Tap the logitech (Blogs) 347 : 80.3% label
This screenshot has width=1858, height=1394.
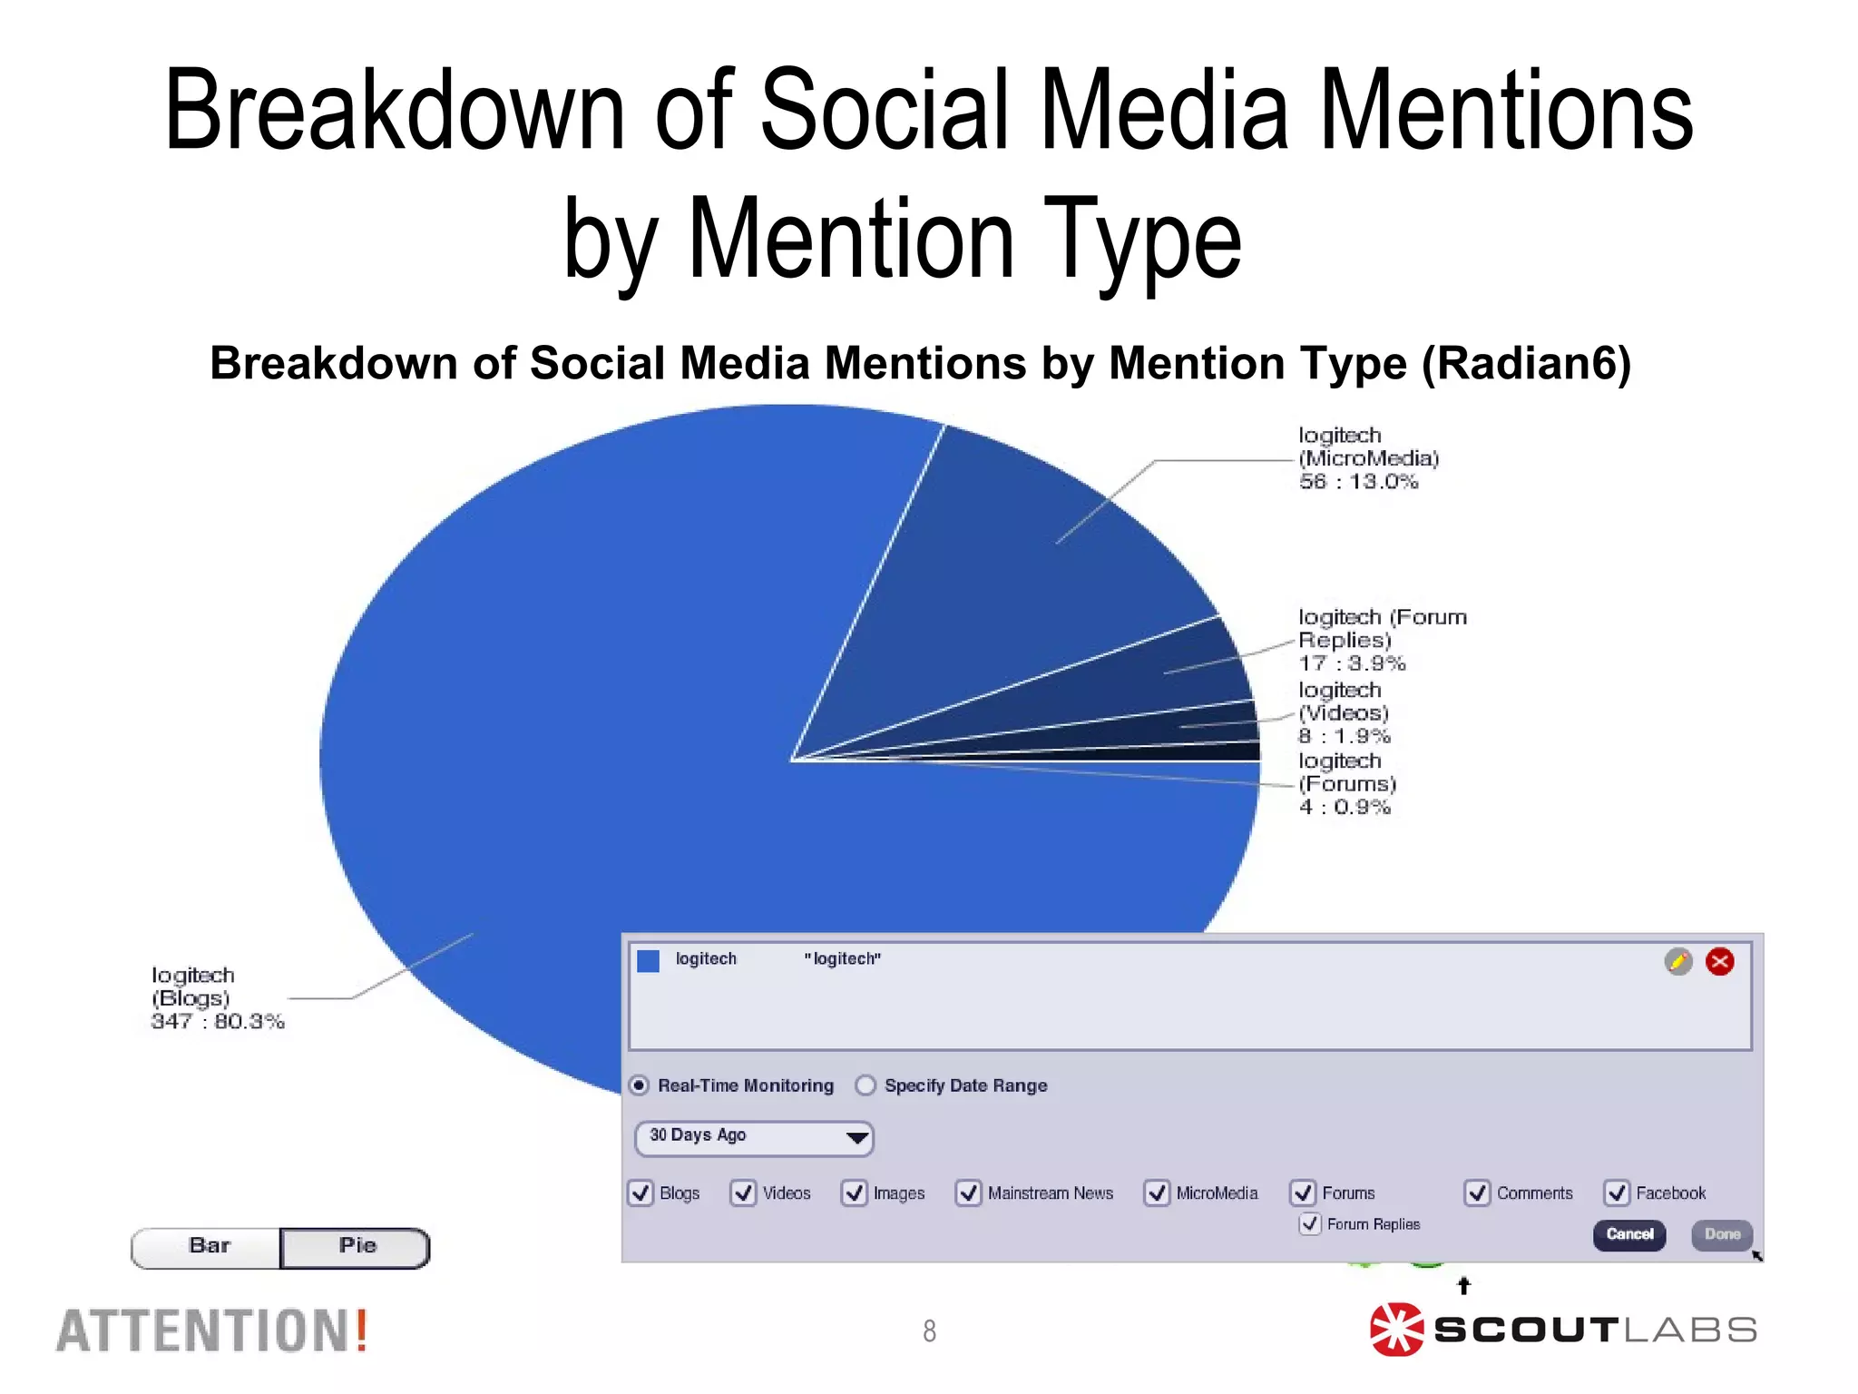click(217, 998)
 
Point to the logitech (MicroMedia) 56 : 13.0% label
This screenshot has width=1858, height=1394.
click(1368, 458)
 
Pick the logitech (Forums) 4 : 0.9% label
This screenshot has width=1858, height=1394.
click(1347, 784)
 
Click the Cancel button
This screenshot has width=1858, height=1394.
click(1629, 1234)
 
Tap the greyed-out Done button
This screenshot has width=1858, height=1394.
click(1722, 1234)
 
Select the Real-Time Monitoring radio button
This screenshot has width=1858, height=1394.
click(640, 1085)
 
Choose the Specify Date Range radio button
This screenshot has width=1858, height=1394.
click(866, 1085)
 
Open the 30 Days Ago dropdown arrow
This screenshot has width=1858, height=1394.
click(856, 1137)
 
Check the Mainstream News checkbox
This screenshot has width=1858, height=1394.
click(968, 1193)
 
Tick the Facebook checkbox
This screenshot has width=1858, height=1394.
click(1617, 1193)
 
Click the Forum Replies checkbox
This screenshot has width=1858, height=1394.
click(1310, 1223)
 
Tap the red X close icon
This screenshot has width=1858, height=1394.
click(1719, 961)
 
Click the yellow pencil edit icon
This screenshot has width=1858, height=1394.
click(1678, 961)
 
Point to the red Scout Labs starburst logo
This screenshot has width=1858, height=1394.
click(1396, 1330)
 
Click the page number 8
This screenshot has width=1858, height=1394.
click(929, 1330)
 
